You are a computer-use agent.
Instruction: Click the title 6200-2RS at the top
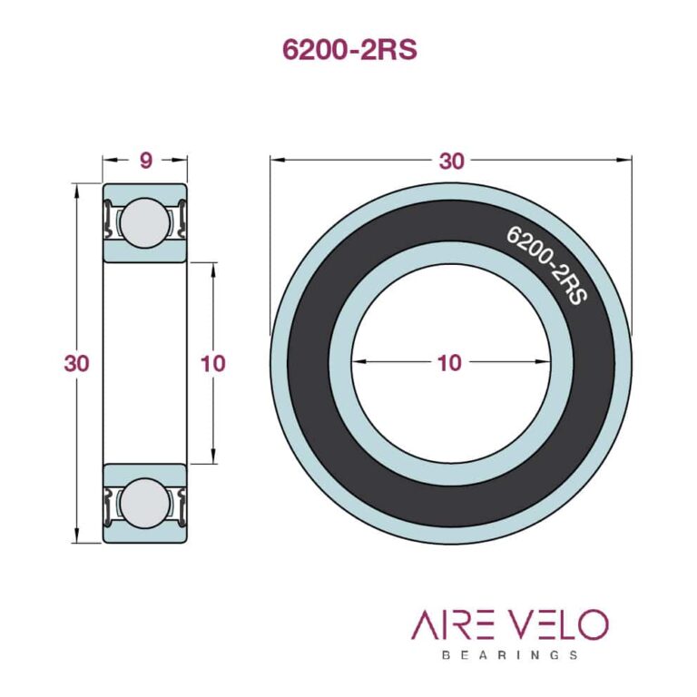[x=349, y=50]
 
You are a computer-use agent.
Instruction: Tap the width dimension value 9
[x=145, y=161]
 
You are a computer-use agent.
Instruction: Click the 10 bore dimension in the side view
[x=212, y=364]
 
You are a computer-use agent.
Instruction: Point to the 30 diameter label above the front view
[x=451, y=161]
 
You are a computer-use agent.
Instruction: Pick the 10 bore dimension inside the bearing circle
[x=449, y=363]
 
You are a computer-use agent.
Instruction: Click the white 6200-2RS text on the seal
[x=545, y=263]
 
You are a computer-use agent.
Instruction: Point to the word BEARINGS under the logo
[x=509, y=654]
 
